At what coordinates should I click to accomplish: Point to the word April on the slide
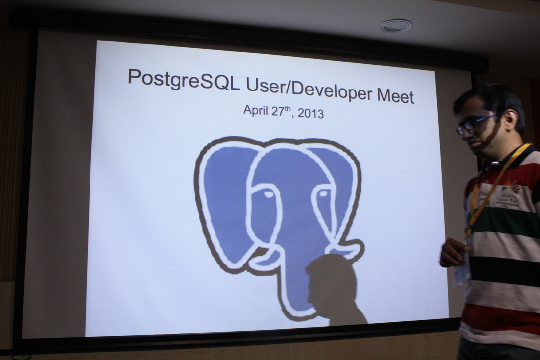tap(256, 110)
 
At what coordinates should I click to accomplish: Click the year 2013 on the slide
tap(310, 113)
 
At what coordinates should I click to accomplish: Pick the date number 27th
tap(281, 111)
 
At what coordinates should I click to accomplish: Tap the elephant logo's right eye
tap(323, 193)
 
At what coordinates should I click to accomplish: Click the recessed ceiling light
tap(395, 26)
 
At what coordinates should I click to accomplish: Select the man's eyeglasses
tap(477, 123)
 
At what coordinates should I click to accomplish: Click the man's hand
tap(452, 252)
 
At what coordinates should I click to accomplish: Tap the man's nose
tap(463, 136)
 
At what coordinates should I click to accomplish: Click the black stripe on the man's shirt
tap(505, 271)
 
